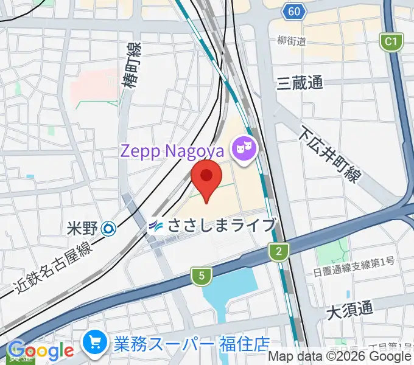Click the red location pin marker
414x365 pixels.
pyautogui.click(x=206, y=178)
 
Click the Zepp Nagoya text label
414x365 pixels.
pyautogui.click(x=172, y=150)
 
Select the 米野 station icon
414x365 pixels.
pyautogui.click(x=110, y=229)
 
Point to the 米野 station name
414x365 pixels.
pyautogui.click(x=82, y=229)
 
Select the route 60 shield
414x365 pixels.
pyautogui.click(x=293, y=12)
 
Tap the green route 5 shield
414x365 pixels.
pyautogui.click(x=201, y=276)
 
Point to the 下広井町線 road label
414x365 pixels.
pyautogui.click(x=330, y=156)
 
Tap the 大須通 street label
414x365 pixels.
pyautogui.click(x=349, y=310)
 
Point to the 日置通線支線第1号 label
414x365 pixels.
pyautogui.click(x=353, y=262)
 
